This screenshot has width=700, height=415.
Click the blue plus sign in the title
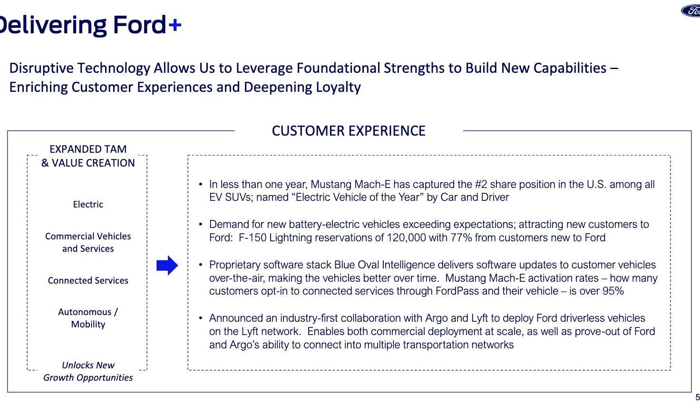click(x=175, y=25)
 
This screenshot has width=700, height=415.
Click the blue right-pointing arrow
click(x=167, y=265)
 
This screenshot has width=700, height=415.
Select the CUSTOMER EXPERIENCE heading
click(x=349, y=131)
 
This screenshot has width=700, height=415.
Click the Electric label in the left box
click(x=88, y=204)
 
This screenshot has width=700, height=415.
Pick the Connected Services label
click(x=88, y=280)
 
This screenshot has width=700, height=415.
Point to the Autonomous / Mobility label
click(x=88, y=318)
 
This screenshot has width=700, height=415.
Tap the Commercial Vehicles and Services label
click(x=88, y=242)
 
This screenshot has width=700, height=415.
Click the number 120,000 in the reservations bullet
click(x=406, y=237)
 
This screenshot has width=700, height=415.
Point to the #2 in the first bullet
click(x=481, y=184)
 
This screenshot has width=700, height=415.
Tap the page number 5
click(x=698, y=397)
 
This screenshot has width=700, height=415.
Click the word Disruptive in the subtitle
click(x=41, y=68)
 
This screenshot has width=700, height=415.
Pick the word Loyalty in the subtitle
click(x=338, y=87)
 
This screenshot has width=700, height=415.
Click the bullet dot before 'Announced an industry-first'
click(x=201, y=318)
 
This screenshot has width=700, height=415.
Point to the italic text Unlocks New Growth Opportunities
click(x=88, y=371)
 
